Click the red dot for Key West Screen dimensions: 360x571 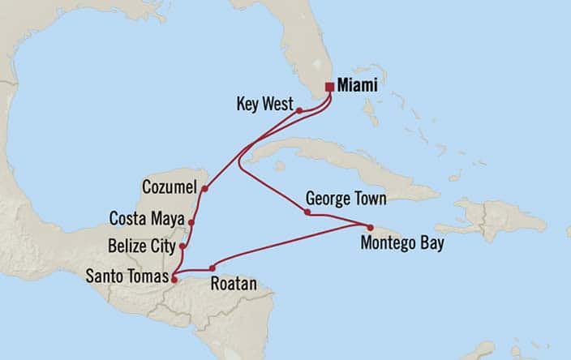[x=298, y=110]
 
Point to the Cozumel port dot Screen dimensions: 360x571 [x=204, y=189]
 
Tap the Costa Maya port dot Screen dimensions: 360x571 [x=191, y=221]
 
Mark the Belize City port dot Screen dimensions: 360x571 [x=183, y=246]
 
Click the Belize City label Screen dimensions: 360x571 [x=144, y=244]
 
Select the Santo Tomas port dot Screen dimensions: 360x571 [x=174, y=280]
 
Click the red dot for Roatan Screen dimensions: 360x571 [x=213, y=268]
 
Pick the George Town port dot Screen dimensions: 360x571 [x=307, y=212]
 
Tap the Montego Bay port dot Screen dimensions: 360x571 [x=370, y=227]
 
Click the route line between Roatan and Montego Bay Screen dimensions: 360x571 [x=292, y=246]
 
